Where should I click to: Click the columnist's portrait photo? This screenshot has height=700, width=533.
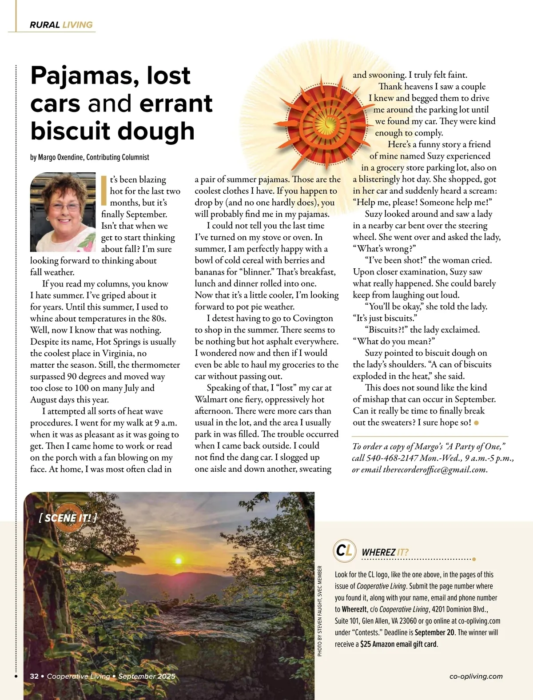point(63,212)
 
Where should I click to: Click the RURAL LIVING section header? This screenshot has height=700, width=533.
point(61,25)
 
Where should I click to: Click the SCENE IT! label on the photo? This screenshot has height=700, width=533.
point(68,518)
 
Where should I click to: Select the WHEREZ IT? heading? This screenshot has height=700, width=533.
point(385,552)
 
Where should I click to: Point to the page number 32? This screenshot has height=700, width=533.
point(34,676)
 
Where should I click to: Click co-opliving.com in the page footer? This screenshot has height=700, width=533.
point(476,676)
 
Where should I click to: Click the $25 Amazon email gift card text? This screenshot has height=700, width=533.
point(399,644)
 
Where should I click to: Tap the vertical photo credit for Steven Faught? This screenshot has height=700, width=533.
point(320,611)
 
